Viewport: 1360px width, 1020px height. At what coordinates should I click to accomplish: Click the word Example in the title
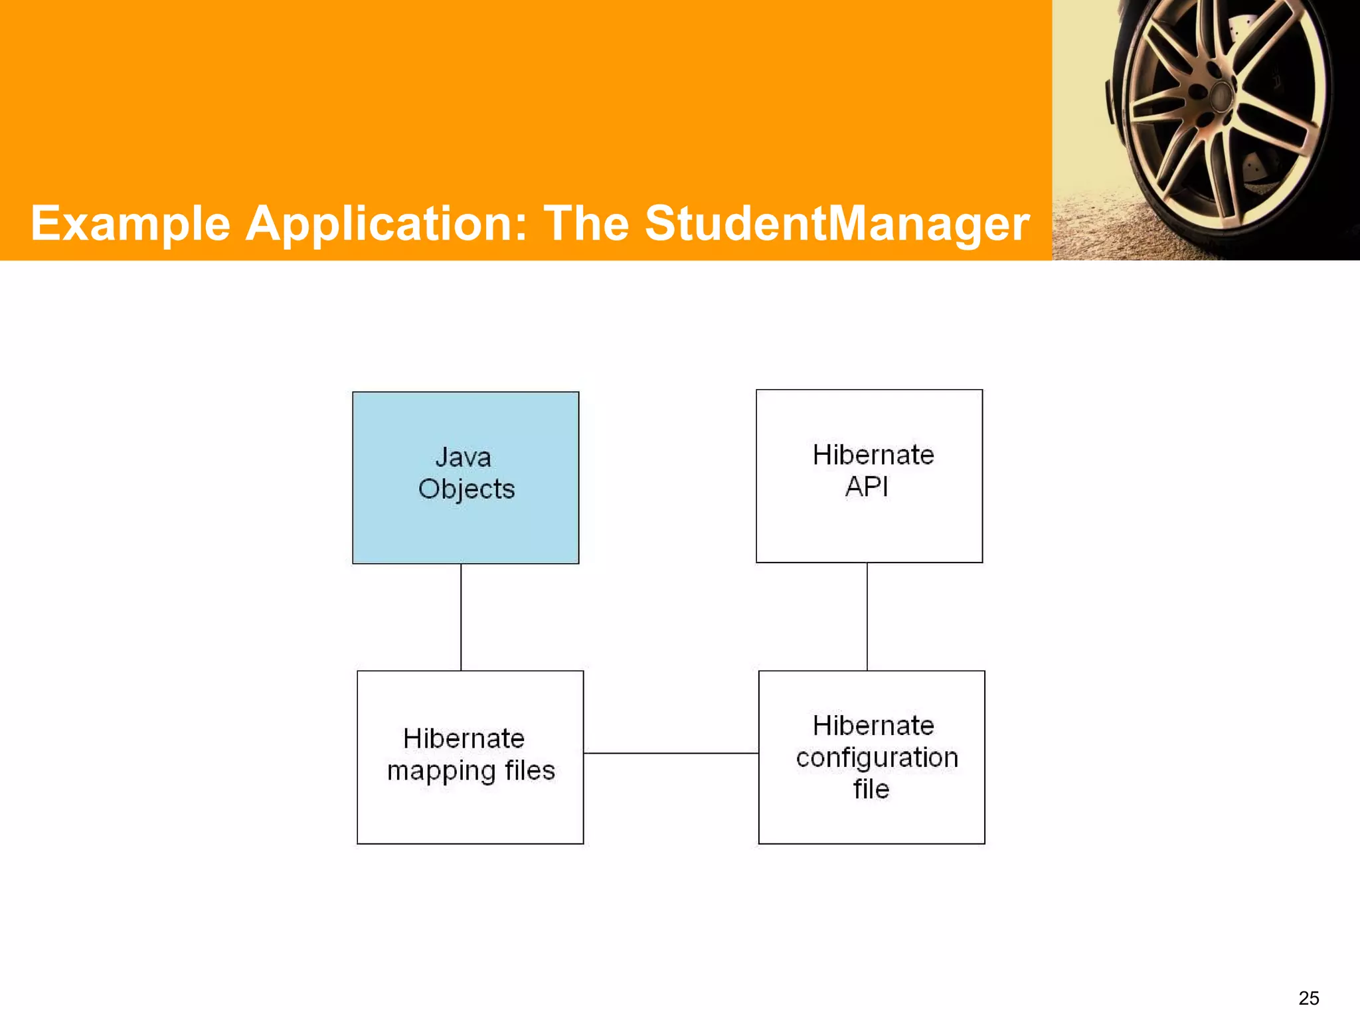130,224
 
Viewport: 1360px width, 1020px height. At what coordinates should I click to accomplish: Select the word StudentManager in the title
837,224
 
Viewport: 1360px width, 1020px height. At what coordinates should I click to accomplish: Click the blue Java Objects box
466,525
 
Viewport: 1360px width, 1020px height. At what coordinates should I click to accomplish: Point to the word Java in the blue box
464,458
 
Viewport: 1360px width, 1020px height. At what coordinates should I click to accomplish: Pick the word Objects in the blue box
466,489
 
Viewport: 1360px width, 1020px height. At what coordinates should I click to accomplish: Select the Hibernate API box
869,525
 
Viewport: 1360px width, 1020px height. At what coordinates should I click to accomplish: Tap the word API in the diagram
867,487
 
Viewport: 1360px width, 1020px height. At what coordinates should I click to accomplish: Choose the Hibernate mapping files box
470,810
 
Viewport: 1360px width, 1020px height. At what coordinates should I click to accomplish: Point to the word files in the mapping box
529,771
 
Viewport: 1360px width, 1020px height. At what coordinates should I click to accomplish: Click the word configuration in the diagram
877,758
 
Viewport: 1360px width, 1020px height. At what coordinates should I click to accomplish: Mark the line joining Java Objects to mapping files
461,617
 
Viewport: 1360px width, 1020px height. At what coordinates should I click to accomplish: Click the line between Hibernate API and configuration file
867,617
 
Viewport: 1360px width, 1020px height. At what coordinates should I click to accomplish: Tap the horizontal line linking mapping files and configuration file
671,753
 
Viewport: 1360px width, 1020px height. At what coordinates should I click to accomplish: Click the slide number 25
1308,998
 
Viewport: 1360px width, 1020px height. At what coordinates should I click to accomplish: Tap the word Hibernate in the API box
873,456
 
